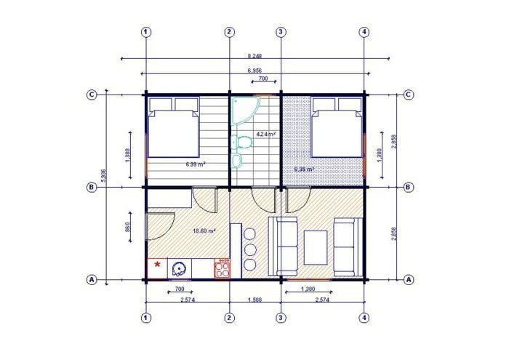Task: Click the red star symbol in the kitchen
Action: (156, 265)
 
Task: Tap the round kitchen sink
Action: (178, 268)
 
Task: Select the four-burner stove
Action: (222, 269)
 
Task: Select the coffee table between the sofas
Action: (315, 247)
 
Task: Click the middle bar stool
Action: (251, 249)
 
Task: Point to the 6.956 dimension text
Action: (254, 70)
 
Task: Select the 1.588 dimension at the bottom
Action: (254, 299)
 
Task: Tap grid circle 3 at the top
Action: (281, 32)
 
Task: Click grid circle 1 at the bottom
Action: (146, 318)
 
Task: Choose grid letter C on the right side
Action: (409, 95)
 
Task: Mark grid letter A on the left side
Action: (92, 279)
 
